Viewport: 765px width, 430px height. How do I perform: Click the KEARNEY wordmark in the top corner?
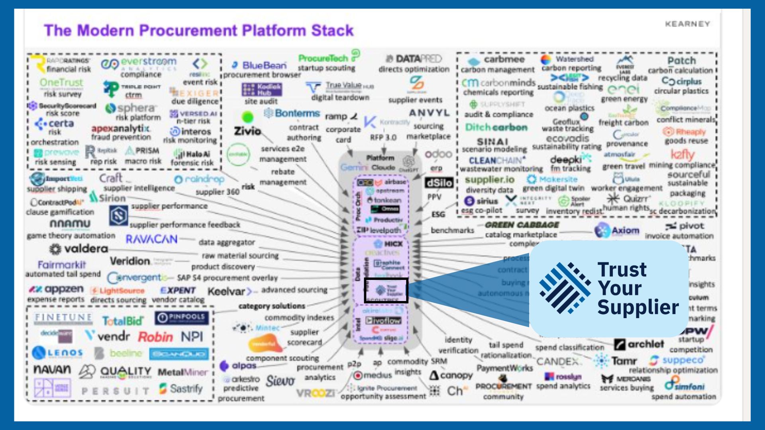(x=687, y=24)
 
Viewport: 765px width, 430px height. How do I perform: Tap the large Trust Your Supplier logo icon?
(x=564, y=288)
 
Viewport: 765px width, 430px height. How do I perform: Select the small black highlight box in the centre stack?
(x=386, y=290)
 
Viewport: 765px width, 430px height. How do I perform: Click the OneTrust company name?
(x=61, y=83)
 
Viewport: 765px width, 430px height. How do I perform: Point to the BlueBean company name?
(x=264, y=65)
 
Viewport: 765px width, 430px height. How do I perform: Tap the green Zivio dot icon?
(x=248, y=117)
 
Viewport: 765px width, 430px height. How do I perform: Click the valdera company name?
(x=86, y=249)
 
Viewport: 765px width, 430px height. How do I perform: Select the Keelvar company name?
(x=226, y=291)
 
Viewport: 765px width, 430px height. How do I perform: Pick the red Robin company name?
(x=155, y=337)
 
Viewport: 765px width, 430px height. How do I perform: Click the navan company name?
(x=52, y=369)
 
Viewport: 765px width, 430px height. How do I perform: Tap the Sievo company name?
(x=280, y=381)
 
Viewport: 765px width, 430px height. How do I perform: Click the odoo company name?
(x=438, y=154)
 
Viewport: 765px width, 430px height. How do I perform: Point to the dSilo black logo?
(x=439, y=183)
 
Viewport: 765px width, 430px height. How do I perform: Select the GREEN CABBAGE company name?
(x=522, y=225)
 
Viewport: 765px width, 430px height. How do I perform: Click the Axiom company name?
(x=625, y=231)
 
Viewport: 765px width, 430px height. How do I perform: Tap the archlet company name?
(x=645, y=344)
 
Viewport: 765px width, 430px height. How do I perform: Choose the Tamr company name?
(x=624, y=361)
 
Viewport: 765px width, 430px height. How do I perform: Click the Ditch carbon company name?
(x=496, y=127)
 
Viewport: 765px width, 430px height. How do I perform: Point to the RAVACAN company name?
(x=151, y=239)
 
